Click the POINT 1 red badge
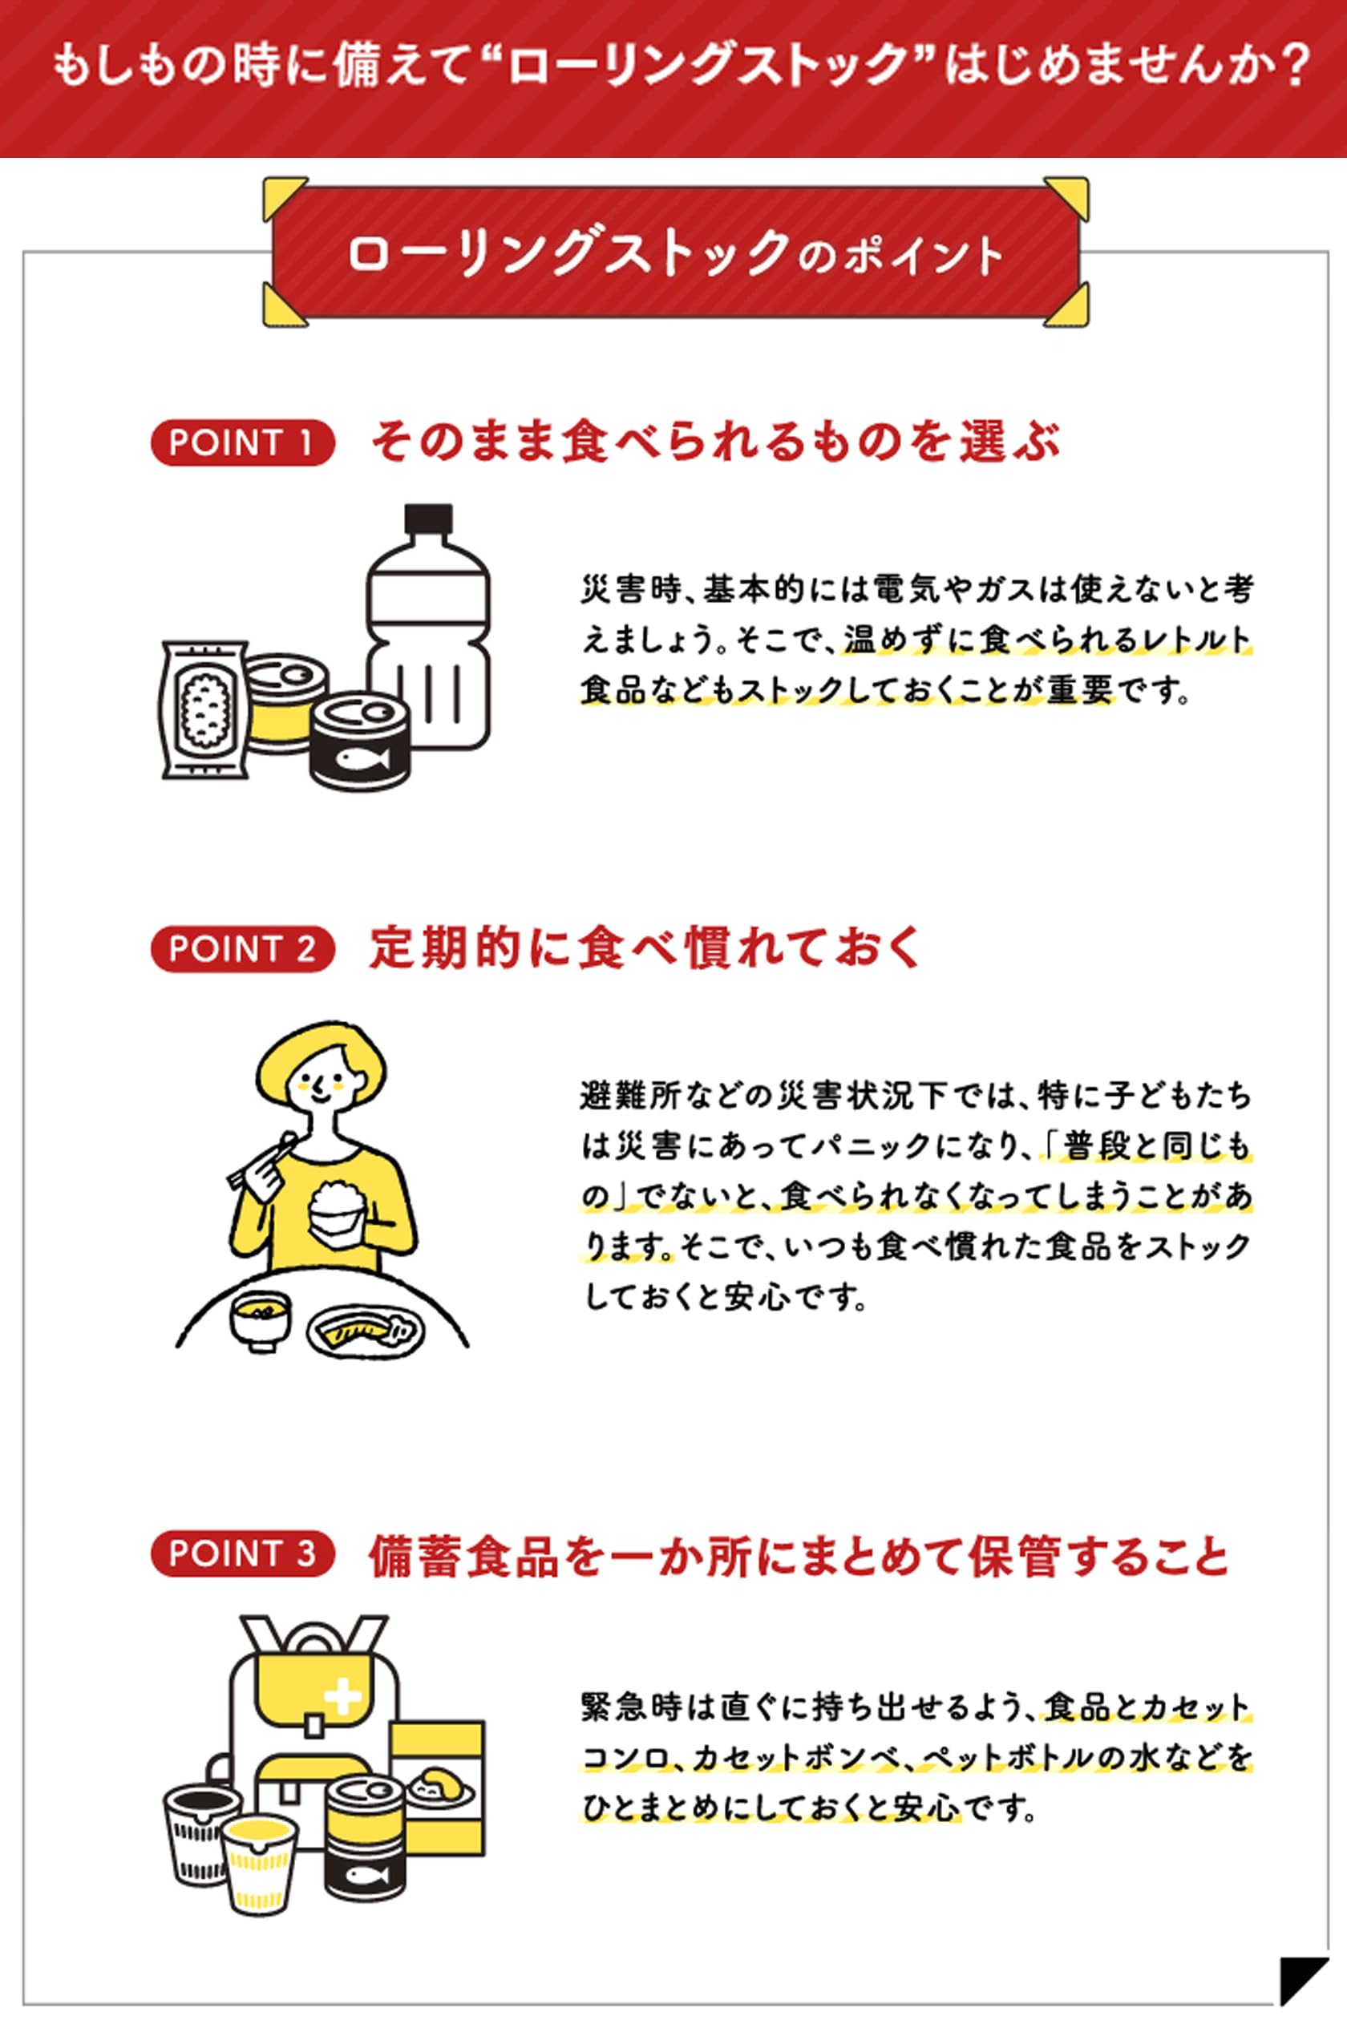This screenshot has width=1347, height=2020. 242,443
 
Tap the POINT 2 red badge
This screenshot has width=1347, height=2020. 242,949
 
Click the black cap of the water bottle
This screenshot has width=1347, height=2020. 429,519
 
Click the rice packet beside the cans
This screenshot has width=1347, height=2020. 204,709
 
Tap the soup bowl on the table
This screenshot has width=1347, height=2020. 261,1319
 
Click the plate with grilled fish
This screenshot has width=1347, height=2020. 366,1331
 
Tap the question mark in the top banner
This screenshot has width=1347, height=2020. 1285,66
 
